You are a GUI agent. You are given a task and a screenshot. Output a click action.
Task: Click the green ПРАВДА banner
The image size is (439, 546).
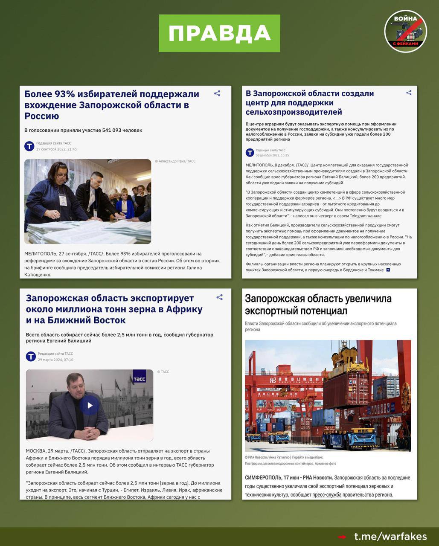[x=219, y=33]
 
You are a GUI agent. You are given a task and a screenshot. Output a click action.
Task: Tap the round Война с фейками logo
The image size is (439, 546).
[x=405, y=31]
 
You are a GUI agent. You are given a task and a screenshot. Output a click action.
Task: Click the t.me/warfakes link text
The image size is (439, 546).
[x=390, y=536]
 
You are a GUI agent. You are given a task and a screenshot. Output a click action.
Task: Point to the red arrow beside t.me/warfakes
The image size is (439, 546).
[x=342, y=537]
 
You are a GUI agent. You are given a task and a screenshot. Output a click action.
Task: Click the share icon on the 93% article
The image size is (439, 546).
[x=217, y=93]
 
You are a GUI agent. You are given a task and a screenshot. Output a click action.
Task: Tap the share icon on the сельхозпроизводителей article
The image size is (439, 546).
[x=409, y=93]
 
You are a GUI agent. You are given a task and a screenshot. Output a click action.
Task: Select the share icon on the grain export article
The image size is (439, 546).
[x=219, y=297]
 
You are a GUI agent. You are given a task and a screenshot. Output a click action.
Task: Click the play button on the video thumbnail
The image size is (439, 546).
[x=90, y=405]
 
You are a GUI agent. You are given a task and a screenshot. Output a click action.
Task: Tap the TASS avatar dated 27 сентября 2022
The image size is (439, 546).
[x=29, y=146]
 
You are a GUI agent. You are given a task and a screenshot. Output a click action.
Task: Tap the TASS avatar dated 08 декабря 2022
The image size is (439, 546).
[x=250, y=153]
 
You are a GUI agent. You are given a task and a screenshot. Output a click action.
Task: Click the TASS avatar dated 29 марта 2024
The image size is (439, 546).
[x=31, y=356]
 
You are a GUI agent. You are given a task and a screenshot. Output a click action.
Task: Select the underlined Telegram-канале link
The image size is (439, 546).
[x=366, y=216]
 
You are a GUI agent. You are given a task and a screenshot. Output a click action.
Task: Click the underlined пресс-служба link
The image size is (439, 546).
[x=327, y=495]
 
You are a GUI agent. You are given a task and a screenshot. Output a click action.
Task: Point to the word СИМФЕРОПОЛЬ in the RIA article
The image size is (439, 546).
[x=263, y=477]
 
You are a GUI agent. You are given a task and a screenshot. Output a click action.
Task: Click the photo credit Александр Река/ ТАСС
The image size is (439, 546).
[x=175, y=161]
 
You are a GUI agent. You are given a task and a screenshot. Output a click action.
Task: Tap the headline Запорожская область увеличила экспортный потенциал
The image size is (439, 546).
[x=318, y=305]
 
